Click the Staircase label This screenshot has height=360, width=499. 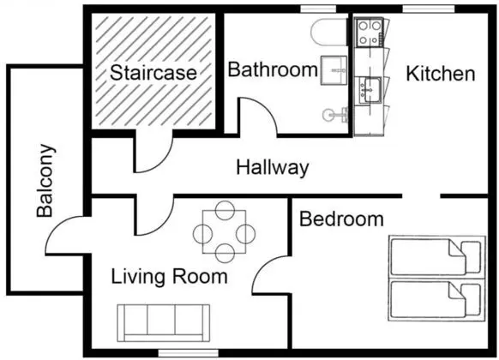coord(153,73)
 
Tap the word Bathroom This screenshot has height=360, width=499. coord(273,69)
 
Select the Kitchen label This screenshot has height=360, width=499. coord(441,74)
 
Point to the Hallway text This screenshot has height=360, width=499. coord(273,167)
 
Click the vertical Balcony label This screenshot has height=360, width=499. coord(45,181)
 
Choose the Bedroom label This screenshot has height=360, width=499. coord(341,219)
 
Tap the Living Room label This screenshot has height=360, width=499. coord(169,276)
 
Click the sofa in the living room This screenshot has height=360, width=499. coord(163,323)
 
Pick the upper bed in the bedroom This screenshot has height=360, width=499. coord(436,257)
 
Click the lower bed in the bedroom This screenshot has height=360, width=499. coord(436,300)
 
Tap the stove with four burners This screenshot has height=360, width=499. coord(370,32)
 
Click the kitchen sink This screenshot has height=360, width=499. coord(370,90)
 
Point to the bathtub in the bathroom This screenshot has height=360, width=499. coord(329,32)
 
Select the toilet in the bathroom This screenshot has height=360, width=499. coord(334,114)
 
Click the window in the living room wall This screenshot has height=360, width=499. coord(189,353)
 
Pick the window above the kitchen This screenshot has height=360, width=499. coord(429,9)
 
